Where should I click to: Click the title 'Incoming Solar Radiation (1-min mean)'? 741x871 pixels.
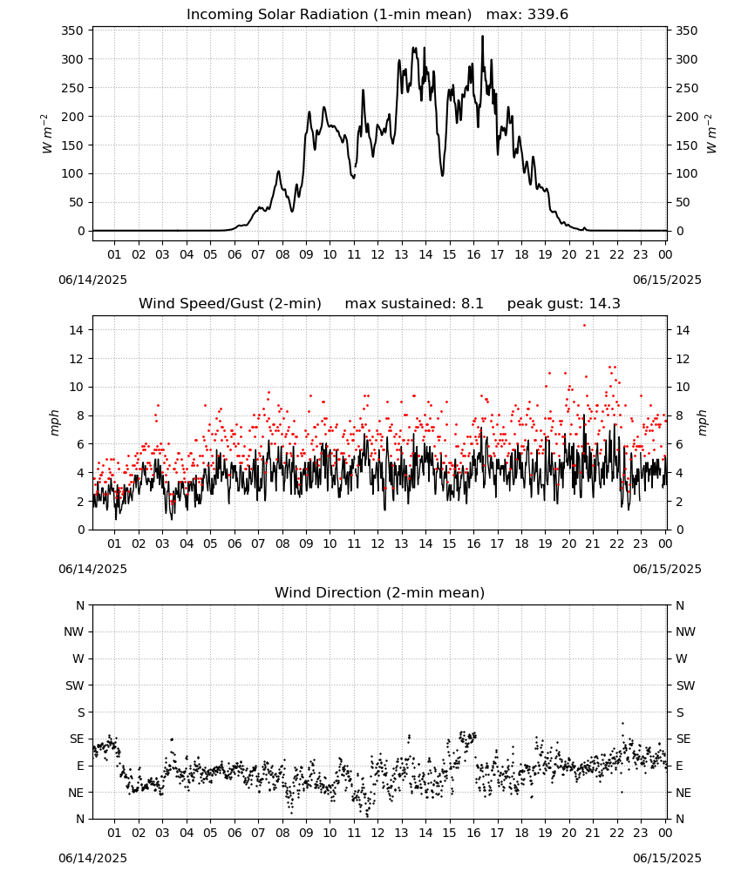[x=329, y=15]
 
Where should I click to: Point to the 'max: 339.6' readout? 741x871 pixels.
[x=527, y=15]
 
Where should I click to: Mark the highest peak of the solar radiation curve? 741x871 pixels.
[x=482, y=37]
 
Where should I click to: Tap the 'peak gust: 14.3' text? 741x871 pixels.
[x=564, y=304]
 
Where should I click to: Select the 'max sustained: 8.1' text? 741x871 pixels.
[x=414, y=304]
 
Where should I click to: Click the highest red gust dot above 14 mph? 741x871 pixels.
[x=584, y=326]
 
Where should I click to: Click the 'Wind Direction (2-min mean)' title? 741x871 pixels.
[x=380, y=592]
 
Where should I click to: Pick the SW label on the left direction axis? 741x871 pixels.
[x=75, y=685]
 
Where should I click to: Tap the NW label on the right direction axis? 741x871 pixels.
[x=685, y=631]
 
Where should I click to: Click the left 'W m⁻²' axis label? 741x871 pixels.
[x=47, y=133]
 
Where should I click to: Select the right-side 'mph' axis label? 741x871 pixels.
[x=703, y=422]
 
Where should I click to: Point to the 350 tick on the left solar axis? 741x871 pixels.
[x=72, y=30]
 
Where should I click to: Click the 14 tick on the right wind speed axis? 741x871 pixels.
[x=682, y=330]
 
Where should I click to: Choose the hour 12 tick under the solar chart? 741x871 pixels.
[x=377, y=254]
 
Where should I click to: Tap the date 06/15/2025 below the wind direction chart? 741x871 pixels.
[x=667, y=858]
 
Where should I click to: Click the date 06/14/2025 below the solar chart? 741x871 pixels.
[x=92, y=280]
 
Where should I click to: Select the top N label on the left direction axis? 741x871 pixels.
[x=80, y=605]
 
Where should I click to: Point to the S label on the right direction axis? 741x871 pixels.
[x=679, y=712]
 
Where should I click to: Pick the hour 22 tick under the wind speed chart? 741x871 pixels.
[x=616, y=544]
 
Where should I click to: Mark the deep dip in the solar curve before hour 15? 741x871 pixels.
[x=443, y=176]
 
